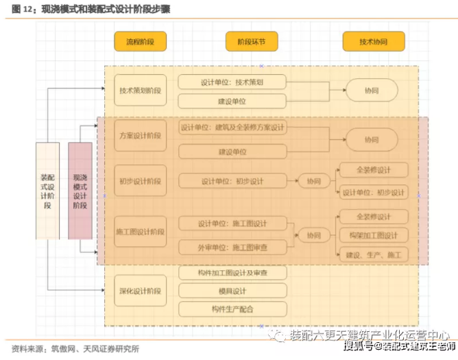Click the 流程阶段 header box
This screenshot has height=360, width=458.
coord(140,42)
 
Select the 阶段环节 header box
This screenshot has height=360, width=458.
coord(252,42)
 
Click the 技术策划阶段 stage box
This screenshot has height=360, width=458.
coord(140,90)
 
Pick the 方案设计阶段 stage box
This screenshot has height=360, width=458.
coord(140,136)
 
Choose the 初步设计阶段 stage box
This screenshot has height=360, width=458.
coord(140,181)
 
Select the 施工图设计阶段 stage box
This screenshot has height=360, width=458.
coord(140,232)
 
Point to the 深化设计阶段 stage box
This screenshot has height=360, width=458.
coord(140,289)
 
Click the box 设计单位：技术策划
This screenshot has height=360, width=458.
coord(232,81)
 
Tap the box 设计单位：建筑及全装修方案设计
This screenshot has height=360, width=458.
coord(232,128)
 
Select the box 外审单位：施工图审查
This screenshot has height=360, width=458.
coord(232,247)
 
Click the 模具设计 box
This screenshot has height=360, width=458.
coord(232,291)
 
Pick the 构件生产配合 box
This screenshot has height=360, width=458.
coord(232,309)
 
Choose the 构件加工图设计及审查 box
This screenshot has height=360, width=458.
coord(232,273)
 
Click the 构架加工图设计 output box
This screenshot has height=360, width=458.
coord(373,236)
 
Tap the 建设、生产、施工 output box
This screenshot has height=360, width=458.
coord(373,254)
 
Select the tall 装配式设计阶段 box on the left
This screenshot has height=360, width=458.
coord(47,191)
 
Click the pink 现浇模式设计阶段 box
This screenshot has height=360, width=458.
coord(80,191)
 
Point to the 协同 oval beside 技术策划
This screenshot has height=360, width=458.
coord(371,90)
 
